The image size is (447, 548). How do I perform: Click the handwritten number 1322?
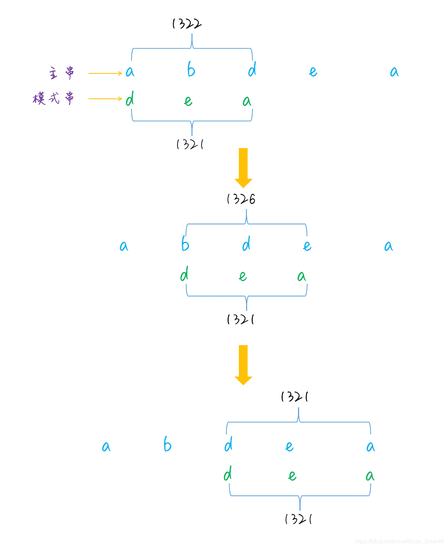click(x=187, y=24)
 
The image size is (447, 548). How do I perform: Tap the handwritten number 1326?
click(x=241, y=199)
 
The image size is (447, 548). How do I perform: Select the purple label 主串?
click(x=62, y=73)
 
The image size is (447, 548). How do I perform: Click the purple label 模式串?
click(x=53, y=98)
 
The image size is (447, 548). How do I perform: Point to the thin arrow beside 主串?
click(x=105, y=73)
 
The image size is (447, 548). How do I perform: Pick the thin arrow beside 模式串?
click(x=105, y=99)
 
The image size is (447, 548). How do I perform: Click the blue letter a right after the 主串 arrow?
click(x=130, y=72)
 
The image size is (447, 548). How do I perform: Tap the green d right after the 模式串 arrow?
click(x=130, y=99)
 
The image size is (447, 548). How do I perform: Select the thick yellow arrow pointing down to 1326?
click(x=243, y=168)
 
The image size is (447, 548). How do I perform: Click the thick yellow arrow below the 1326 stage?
click(x=243, y=365)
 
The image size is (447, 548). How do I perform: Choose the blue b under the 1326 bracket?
click(x=186, y=243)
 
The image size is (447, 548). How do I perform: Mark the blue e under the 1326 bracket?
click(x=307, y=246)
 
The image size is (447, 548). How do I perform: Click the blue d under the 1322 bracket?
click(x=252, y=69)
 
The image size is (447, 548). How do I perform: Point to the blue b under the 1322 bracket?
click(x=191, y=69)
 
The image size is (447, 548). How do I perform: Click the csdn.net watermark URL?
click(x=399, y=541)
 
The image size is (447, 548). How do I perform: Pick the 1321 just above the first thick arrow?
click(x=190, y=144)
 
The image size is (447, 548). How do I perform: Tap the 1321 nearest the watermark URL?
click(x=298, y=519)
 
